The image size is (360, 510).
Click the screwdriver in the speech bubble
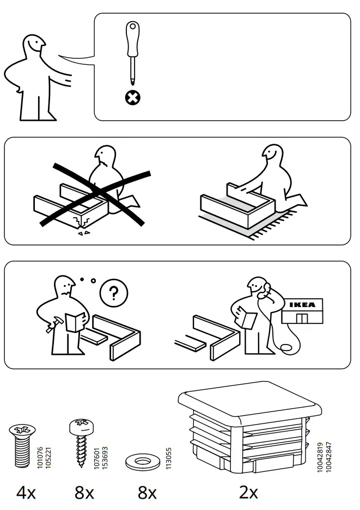pyautogui.click(x=132, y=52)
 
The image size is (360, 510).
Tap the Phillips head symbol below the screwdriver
pyautogui.click(x=132, y=98)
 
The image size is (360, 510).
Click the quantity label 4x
pyautogui.click(x=26, y=493)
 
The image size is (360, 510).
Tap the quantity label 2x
pyautogui.click(x=248, y=493)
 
